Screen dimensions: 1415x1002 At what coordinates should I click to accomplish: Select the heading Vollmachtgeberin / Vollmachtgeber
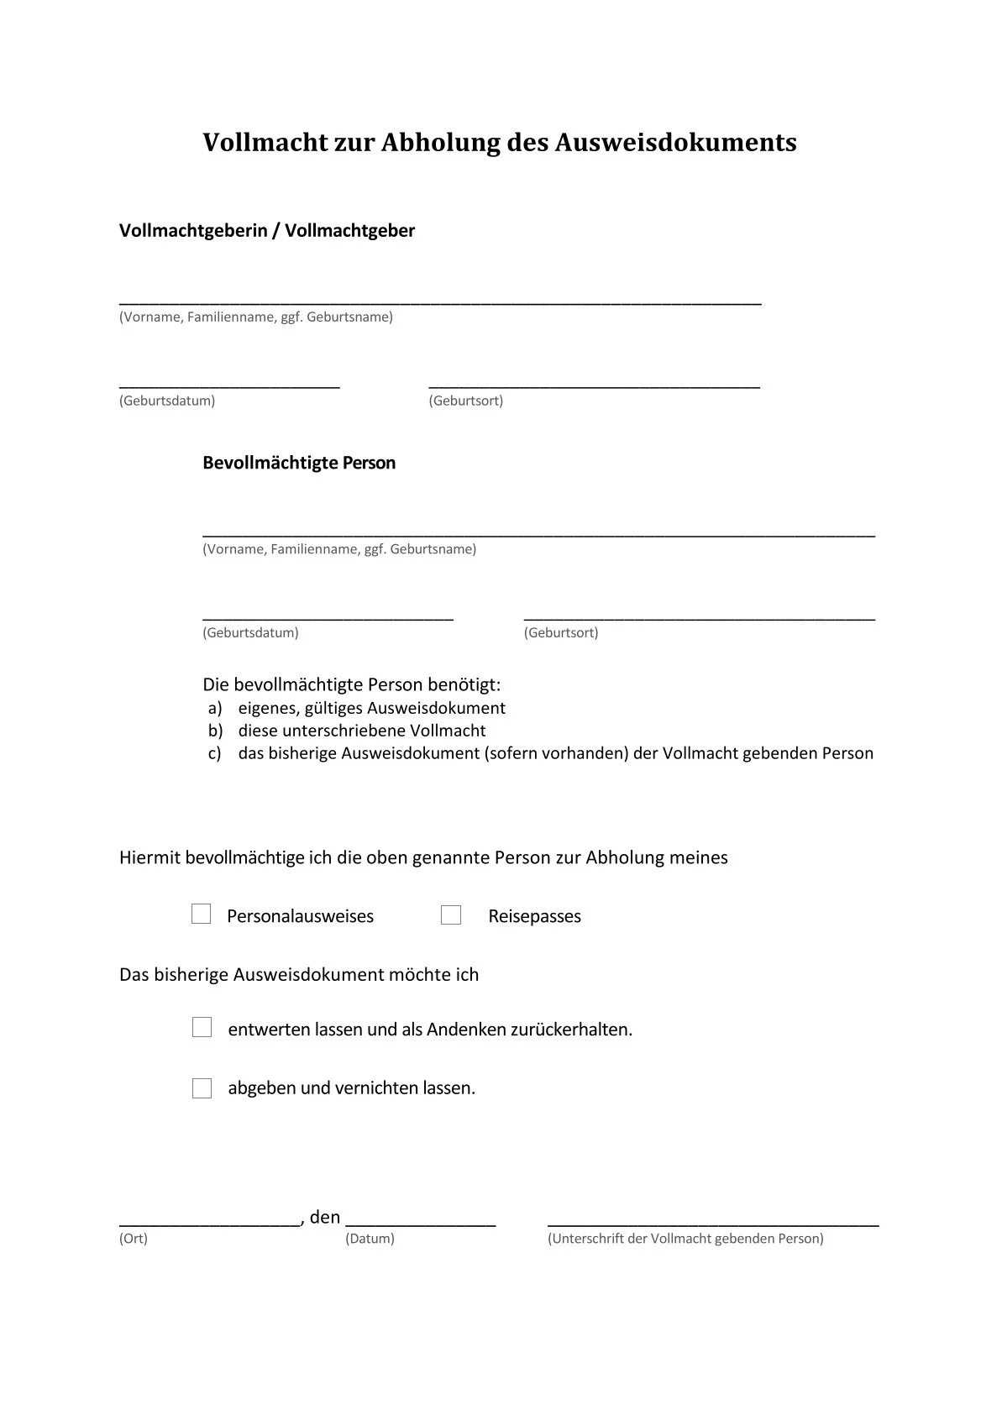(x=267, y=230)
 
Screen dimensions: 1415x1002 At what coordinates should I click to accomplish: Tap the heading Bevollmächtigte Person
(x=299, y=463)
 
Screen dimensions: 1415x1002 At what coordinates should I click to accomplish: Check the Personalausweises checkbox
(x=202, y=915)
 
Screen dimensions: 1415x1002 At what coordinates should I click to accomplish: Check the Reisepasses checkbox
(x=451, y=915)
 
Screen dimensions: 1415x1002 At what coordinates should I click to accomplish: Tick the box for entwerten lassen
(x=202, y=1027)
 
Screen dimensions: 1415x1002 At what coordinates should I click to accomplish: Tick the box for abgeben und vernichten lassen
(x=202, y=1088)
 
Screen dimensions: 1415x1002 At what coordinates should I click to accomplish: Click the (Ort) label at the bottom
(x=134, y=1239)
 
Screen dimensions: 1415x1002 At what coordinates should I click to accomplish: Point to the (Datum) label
(x=370, y=1239)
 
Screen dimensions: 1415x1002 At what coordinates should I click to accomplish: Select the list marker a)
(x=215, y=708)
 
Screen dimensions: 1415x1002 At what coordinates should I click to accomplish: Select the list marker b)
(x=215, y=731)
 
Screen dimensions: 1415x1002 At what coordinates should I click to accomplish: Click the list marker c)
(x=215, y=753)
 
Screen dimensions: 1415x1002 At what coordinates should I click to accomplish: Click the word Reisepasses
(x=534, y=916)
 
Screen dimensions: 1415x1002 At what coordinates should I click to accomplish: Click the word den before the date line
(x=325, y=1217)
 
